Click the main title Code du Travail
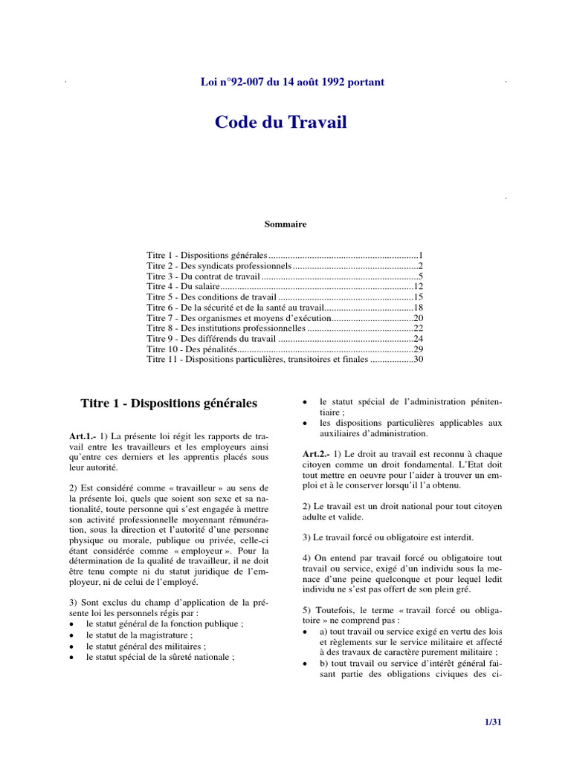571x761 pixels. (x=280, y=122)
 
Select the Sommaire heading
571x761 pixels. (x=285, y=224)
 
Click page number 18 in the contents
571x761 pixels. (x=418, y=307)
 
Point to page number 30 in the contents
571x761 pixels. (x=418, y=359)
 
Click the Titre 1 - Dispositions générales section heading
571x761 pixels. (x=169, y=404)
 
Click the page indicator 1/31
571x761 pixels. (x=494, y=722)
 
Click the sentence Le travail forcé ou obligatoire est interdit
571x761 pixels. (x=387, y=537)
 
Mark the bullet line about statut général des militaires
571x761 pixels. (x=146, y=647)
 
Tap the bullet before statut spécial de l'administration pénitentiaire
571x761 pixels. (x=306, y=402)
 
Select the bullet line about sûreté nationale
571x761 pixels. (x=160, y=657)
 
